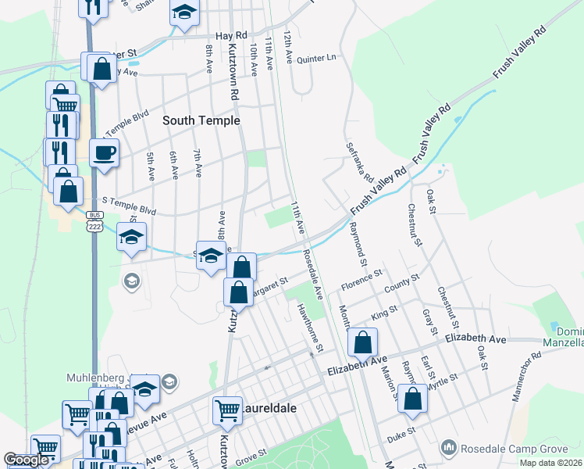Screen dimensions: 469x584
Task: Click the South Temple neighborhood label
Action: pyautogui.click(x=201, y=120)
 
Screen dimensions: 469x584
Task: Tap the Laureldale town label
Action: pyautogui.click(x=269, y=408)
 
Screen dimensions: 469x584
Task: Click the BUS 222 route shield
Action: pyautogui.click(x=94, y=220)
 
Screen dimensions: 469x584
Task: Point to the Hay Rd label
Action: pyautogui.click(x=233, y=35)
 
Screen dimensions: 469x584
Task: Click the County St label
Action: pyautogui.click(x=402, y=282)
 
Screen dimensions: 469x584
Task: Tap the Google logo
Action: pyautogui.click(x=26, y=460)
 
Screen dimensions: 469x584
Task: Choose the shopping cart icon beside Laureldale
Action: pyautogui.click(x=227, y=410)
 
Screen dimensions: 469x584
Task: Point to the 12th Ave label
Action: pyautogui.click(x=288, y=46)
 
